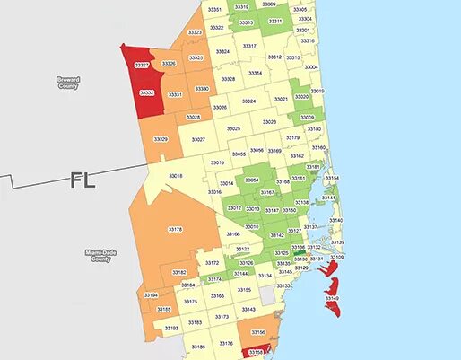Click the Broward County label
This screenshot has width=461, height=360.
point(68,83)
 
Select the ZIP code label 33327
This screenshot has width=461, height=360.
point(142,66)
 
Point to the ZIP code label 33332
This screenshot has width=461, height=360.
point(147,92)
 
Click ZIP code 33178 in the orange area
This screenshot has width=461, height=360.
point(175,230)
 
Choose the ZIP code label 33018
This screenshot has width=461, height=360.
point(176,176)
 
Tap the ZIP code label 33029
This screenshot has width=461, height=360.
point(161,139)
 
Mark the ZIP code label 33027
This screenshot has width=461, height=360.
point(198,139)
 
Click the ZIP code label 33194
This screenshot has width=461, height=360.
point(151,295)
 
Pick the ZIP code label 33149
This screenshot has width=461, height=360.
point(332,297)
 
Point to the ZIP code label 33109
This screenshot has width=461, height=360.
point(337,258)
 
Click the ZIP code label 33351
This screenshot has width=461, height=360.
point(213,9)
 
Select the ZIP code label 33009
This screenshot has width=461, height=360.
point(307,118)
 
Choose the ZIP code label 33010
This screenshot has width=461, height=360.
point(252,227)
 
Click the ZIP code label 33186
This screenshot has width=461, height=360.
point(198,347)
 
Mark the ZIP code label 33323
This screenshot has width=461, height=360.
point(195,32)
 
